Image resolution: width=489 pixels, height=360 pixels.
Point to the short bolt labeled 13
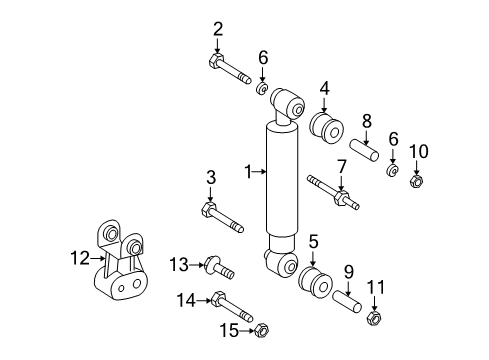point(217,268)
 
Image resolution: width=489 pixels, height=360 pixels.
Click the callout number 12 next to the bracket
point(83,257)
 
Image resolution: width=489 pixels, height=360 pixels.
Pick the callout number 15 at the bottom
point(231,328)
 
